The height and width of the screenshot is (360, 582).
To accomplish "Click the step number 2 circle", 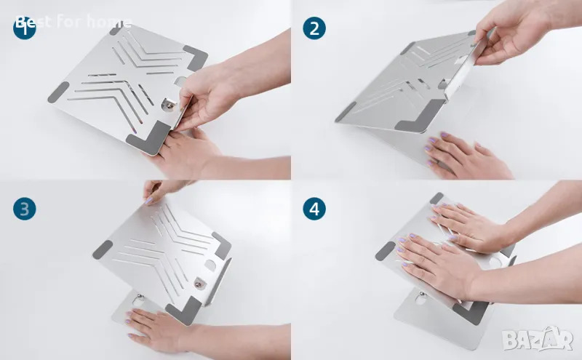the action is tap(314, 28).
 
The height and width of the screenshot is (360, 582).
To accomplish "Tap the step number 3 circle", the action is tap(25, 209).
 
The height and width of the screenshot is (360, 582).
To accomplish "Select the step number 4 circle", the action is tap(314, 209).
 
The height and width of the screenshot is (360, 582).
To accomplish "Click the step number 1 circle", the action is tap(25, 28).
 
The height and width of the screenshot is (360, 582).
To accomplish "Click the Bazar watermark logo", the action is tap(538, 338).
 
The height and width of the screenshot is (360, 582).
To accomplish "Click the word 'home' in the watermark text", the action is tap(109, 22).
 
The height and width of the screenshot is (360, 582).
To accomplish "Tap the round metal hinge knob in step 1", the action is tap(169, 105).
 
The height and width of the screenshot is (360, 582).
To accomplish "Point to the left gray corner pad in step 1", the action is tap(59, 92).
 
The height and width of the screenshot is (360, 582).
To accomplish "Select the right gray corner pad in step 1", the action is tap(196, 57).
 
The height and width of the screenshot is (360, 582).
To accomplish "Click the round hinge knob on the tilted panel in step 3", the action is tap(199, 284).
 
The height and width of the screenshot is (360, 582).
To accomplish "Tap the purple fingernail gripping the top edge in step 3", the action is tap(149, 201).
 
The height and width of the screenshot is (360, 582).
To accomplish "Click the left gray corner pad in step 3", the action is tap(103, 249).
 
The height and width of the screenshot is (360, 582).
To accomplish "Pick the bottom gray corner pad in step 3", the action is tap(184, 311).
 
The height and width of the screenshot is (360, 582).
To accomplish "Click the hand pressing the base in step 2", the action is tap(468, 156).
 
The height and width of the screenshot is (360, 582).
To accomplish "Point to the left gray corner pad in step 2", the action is tap(346, 112).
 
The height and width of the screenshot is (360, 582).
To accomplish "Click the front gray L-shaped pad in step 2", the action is tap(420, 118).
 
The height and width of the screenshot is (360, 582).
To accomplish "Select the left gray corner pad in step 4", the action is tap(386, 251).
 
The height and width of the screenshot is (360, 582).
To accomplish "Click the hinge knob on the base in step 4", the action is tap(422, 296).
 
